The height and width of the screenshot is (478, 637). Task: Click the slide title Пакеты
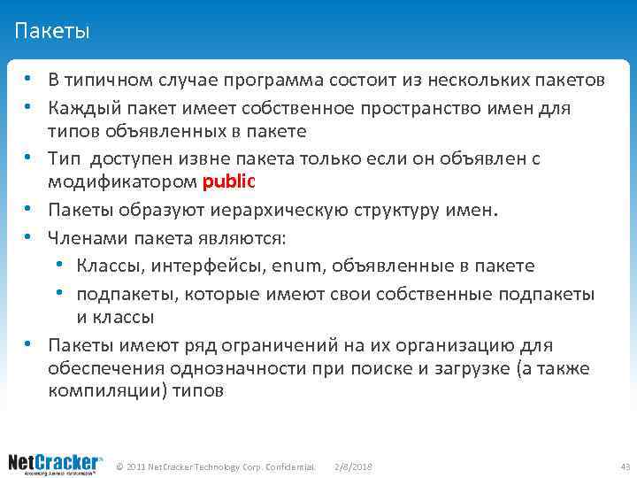point(52,33)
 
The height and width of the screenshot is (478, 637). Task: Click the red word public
point(228,182)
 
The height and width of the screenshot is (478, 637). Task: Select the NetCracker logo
point(55,464)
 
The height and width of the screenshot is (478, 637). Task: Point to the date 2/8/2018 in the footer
point(354,466)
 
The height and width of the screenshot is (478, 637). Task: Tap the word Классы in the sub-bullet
point(106,266)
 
